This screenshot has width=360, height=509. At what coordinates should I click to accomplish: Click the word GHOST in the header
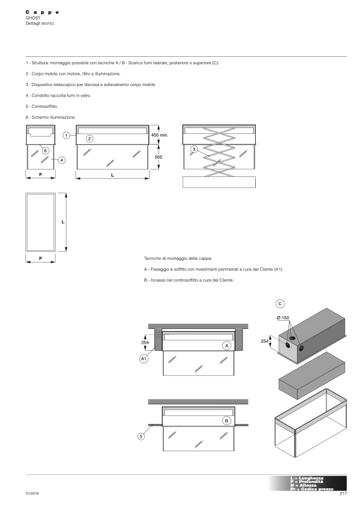pos(33,18)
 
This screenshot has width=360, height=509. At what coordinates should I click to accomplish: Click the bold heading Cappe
pos(42,12)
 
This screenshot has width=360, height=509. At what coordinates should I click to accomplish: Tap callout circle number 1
pos(66,135)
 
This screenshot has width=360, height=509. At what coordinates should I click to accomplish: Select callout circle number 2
pos(90,139)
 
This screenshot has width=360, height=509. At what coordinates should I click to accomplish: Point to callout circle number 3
pos(194,150)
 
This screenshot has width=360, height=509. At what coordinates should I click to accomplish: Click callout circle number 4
pos(62,159)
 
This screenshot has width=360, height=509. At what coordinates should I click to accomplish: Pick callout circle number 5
pos(141,436)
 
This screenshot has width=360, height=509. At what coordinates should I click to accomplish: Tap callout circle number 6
pos(46,150)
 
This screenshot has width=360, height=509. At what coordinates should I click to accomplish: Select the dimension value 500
pos(158,157)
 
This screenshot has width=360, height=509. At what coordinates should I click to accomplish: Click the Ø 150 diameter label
pos(283,318)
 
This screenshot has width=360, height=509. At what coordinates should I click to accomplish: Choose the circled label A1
pos(144,359)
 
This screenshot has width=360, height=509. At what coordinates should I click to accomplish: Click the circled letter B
pos(227,420)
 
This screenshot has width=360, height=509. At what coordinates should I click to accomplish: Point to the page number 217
pos(342,494)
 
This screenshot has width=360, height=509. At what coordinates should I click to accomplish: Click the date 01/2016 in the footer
pos(32,494)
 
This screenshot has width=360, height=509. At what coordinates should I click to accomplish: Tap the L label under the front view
pos(112,175)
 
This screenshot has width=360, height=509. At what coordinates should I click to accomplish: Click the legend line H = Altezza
pos(304,485)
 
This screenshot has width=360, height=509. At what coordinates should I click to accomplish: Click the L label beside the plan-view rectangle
pos(63,222)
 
